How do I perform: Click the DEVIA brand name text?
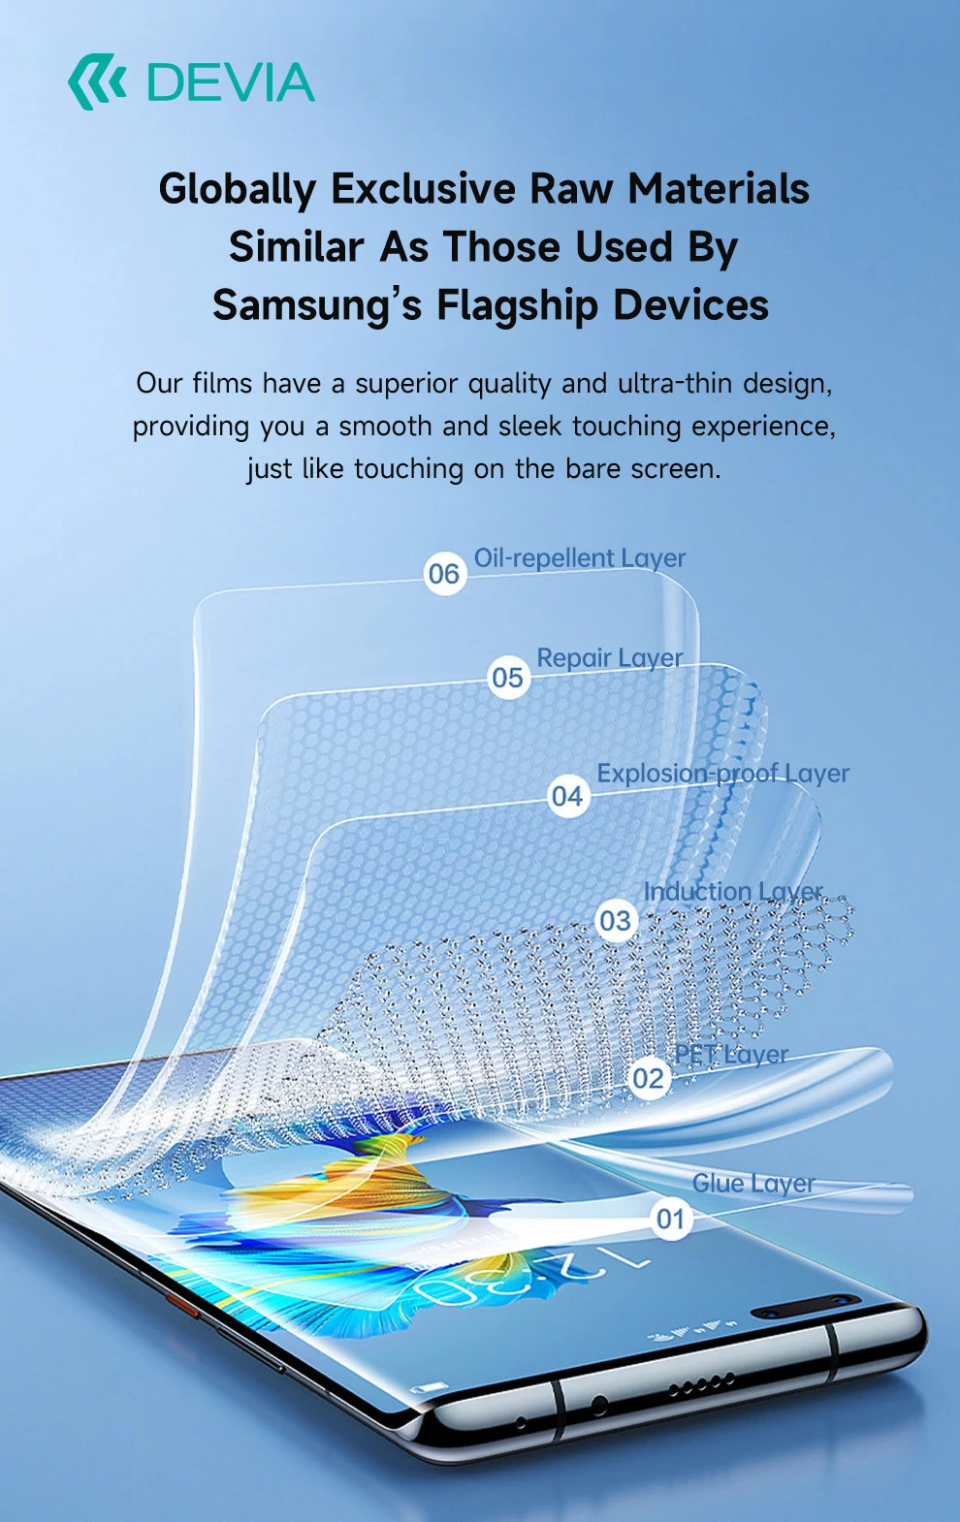(231, 82)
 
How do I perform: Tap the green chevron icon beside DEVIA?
(97, 82)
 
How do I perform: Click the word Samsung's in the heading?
(317, 305)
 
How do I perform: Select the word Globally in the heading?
(238, 189)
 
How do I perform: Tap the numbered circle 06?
(444, 574)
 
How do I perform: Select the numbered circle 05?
(508, 678)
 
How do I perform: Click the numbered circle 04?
(567, 797)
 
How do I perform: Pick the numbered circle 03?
(615, 920)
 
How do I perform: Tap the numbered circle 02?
(648, 1078)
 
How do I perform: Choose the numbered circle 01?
(670, 1219)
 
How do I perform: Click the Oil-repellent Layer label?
(579, 558)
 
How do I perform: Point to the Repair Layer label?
(609, 658)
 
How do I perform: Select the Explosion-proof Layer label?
(722, 774)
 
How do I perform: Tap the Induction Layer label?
(733, 892)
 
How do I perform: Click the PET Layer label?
(731, 1055)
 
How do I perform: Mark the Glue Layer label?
(753, 1184)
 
